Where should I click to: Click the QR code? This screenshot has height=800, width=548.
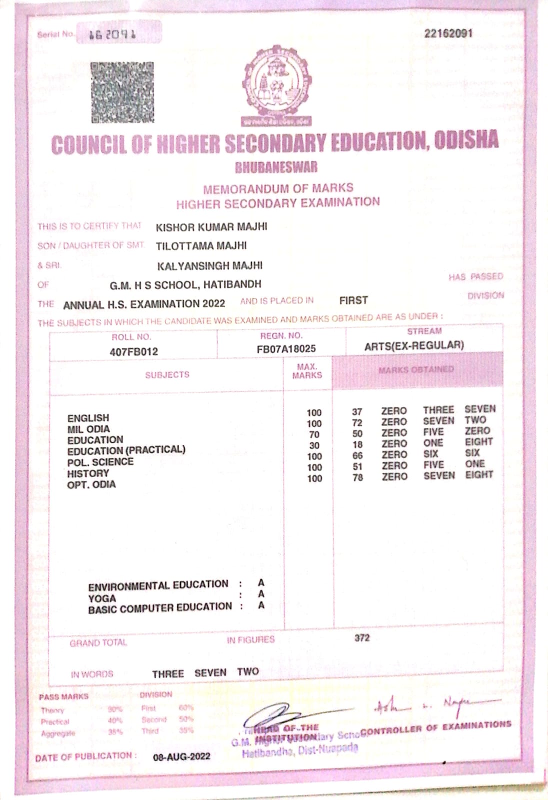tap(122, 92)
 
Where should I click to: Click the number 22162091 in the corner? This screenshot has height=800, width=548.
tap(448, 33)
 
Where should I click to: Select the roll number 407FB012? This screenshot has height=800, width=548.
tap(133, 351)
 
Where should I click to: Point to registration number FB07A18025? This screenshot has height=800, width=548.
tap(286, 349)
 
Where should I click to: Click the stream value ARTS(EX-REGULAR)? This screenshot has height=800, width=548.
tap(414, 345)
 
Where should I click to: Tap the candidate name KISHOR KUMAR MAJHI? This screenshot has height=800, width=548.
tap(211, 227)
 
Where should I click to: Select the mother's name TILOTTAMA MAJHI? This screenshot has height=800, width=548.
tap(201, 246)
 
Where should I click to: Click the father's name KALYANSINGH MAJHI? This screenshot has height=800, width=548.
tap(209, 265)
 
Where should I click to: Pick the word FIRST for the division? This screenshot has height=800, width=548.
tap(353, 300)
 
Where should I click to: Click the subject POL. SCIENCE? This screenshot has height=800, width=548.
tap(100, 462)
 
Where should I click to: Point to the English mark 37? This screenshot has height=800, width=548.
tap(357, 412)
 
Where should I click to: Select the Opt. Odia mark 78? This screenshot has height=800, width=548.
tap(357, 477)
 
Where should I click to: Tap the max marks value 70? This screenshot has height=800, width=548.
tap(314, 434)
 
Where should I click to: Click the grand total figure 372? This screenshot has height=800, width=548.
tap(362, 637)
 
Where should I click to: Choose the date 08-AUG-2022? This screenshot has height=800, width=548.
tap(181, 756)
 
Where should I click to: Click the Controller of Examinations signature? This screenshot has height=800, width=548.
tap(435, 705)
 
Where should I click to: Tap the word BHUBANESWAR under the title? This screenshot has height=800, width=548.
tap(276, 167)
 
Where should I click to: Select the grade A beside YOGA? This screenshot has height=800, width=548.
tap(261, 594)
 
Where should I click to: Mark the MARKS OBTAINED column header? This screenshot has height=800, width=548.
tap(416, 370)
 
